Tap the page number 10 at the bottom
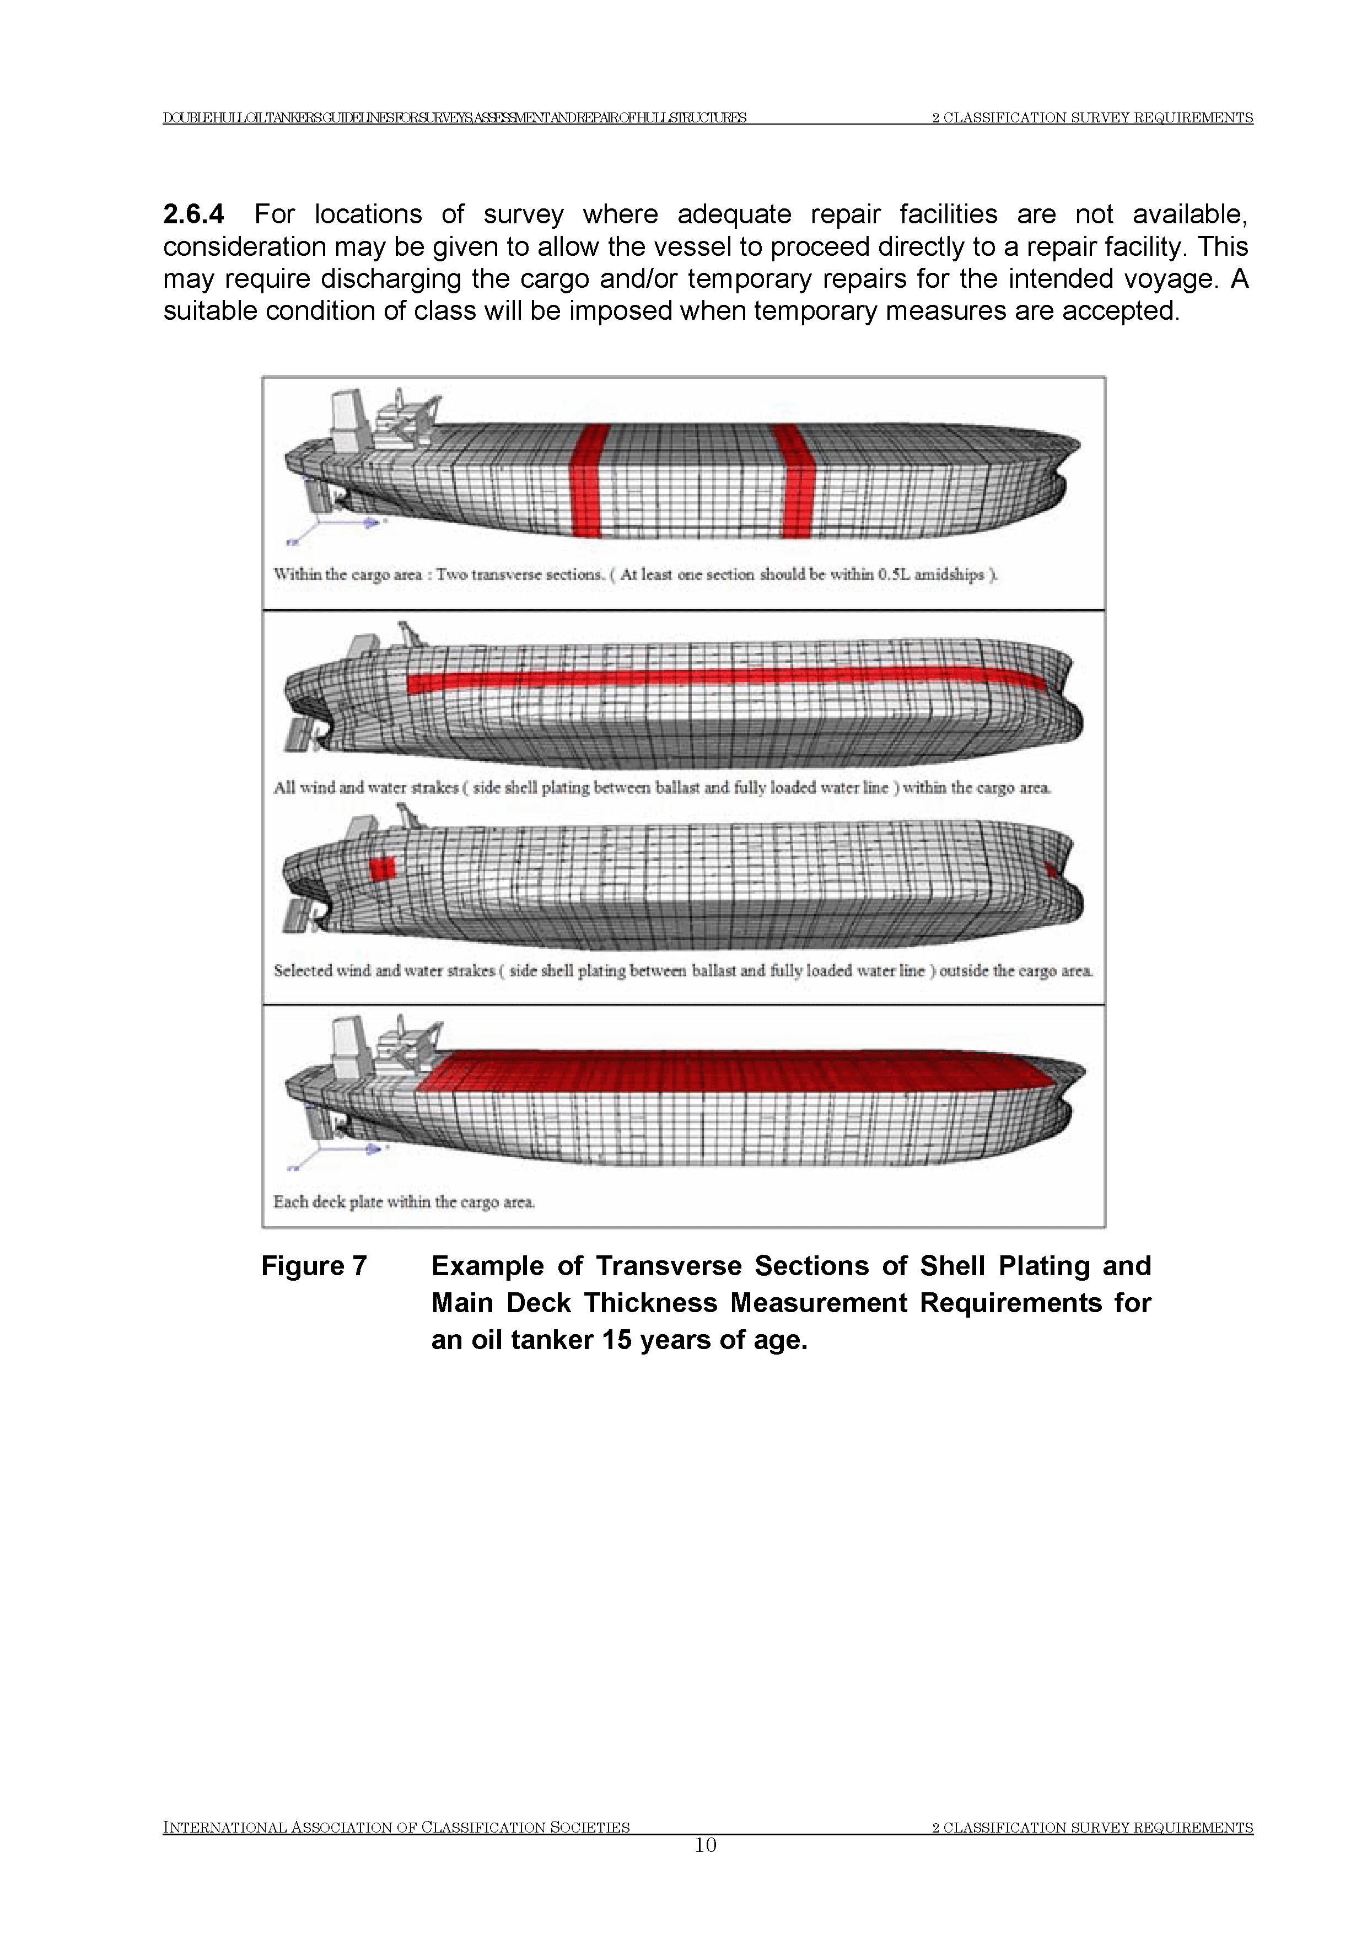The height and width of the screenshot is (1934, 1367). coord(705,1869)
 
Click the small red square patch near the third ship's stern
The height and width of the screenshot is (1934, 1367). coord(383,868)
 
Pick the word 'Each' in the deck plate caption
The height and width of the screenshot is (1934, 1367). coord(290,1202)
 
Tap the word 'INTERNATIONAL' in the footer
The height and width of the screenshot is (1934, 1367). coord(223,1851)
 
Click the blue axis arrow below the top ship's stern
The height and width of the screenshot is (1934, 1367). coord(354,523)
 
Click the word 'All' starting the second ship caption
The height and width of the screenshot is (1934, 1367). coord(284,788)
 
